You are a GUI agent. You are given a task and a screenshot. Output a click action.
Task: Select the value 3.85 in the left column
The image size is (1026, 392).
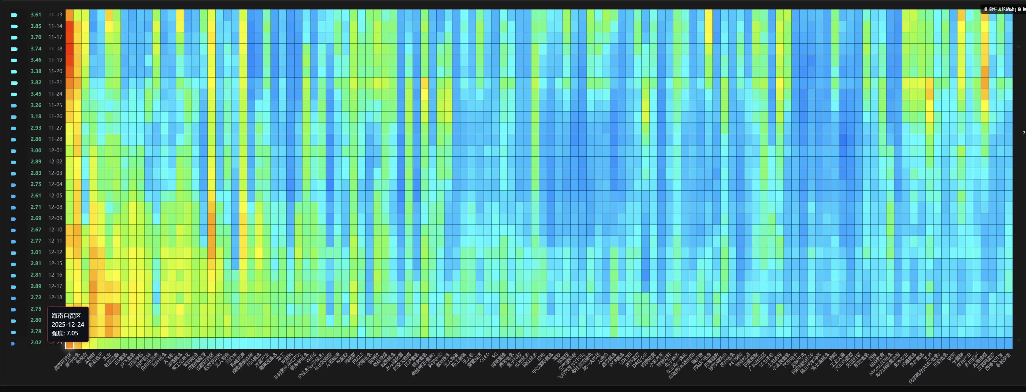(x=36, y=26)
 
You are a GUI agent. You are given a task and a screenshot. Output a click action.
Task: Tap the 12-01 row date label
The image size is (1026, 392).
(x=55, y=150)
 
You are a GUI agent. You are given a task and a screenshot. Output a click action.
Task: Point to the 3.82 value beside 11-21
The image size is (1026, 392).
(x=36, y=82)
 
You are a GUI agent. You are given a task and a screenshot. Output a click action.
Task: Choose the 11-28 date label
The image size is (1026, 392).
(x=55, y=139)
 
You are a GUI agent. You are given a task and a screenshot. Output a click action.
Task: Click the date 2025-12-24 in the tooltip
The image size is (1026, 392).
(x=68, y=324)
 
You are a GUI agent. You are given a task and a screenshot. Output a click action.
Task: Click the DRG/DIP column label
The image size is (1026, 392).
(x=640, y=360)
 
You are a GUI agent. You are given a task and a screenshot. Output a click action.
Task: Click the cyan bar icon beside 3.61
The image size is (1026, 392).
(x=14, y=15)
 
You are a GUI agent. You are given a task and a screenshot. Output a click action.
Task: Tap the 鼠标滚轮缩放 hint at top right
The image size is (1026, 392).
(x=1001, y=9)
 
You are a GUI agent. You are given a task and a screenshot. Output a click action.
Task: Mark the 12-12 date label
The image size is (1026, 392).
(x=55, y=252)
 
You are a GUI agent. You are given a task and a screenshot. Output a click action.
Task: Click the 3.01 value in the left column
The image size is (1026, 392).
(x=36, y=252)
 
